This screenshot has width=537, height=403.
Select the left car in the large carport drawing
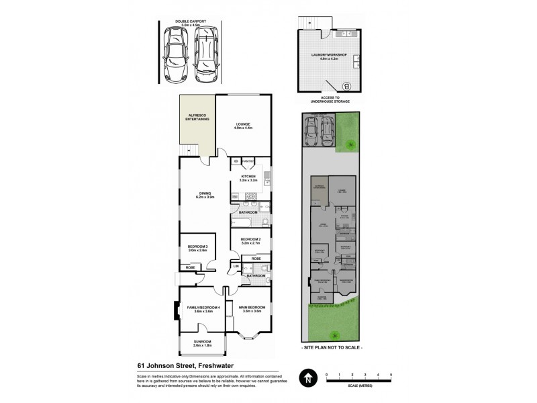177,52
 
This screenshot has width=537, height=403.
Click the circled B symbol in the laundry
347,85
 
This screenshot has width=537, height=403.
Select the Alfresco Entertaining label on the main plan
197,118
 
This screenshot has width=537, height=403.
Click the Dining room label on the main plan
204,195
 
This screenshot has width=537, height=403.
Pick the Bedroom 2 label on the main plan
250,240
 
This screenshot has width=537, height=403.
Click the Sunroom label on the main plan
202,343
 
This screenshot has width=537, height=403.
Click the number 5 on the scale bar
390,374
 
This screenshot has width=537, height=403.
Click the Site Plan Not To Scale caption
333,349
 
